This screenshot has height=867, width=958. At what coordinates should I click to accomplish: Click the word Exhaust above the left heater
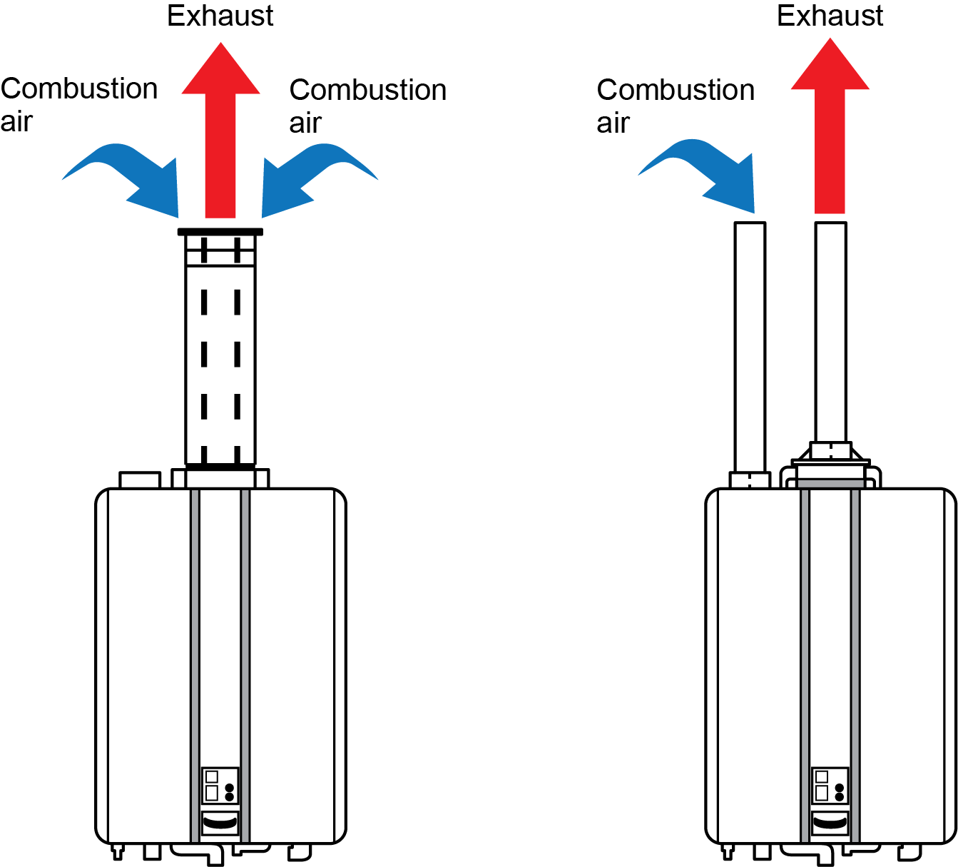tap(220, 16)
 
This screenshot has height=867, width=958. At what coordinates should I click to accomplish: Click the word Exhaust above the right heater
tap(830, 16)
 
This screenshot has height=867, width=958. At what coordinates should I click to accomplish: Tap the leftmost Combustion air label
tap(78, 104)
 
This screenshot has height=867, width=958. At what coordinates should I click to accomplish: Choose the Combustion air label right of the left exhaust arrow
tap(367, 106)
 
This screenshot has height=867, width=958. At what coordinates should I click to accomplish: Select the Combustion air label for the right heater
tap(675, 106)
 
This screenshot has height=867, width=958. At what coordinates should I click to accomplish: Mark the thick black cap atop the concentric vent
tap(220, 232)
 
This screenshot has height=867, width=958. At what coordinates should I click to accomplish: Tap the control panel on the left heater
tap(220, 785)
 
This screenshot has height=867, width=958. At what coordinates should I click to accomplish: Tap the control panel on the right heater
tap(830, 785)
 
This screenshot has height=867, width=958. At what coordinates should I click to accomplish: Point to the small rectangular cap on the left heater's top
tap(140, 480)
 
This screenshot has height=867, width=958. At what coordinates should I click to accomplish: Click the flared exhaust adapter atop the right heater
tap(830, 455)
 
